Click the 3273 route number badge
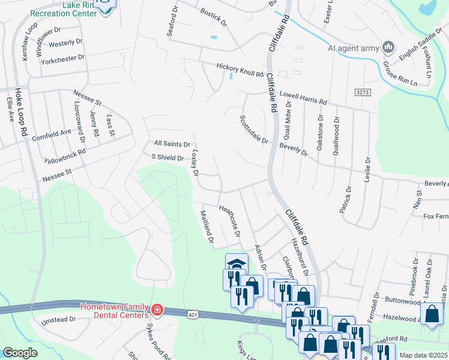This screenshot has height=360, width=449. [362, 92]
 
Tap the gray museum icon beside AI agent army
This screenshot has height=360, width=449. [388, 47]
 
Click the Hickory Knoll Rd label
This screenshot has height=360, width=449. [240, 70]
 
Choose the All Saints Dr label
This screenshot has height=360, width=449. [172, 144]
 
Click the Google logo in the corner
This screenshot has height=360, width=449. [20, 353]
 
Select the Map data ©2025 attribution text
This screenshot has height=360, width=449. [423, 355]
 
